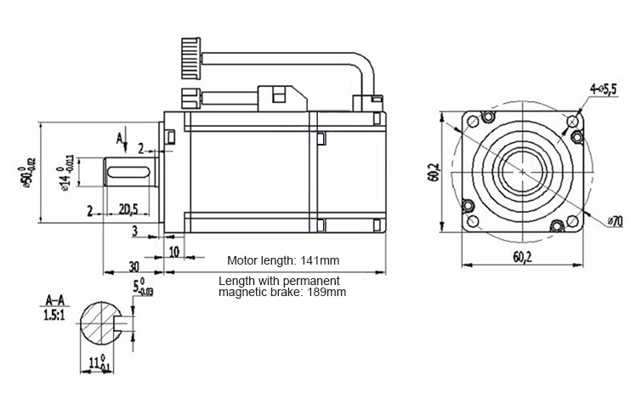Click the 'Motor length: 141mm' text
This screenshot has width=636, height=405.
[x=283, y=260]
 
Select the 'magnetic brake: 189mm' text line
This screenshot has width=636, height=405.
[x=282, y=292]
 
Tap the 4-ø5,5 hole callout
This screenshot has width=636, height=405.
[x=604, y=88]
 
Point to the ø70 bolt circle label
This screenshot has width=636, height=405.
[x=615, y=221]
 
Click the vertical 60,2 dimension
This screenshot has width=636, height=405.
[x=433, y=172]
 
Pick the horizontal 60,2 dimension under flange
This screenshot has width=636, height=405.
[x=522, y=256]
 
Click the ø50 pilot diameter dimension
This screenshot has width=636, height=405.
[x=26, y=172]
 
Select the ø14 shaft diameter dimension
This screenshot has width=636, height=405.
[x=65, y=173]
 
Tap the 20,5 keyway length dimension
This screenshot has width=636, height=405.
[x=128, y=209]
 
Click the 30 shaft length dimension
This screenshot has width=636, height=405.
[x=133, y=266]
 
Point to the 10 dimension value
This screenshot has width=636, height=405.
[x=174, y=252]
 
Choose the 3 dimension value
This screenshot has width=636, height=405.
[x=135, y=231]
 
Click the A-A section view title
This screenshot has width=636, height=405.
[x=54, y=300]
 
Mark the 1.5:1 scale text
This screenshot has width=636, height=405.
[x=54, y=315]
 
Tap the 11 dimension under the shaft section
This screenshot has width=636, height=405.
[x=98, y=362]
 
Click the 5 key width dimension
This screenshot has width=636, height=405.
[x=143, y=287]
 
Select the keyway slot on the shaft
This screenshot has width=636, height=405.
[x=127, y=172]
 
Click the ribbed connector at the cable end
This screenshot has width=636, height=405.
[x=190, y=58]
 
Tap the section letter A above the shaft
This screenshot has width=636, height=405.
[x=119, y=139]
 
